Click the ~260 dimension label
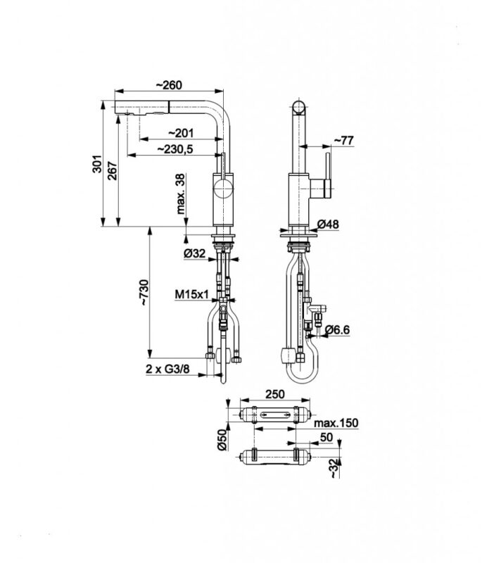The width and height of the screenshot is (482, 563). pyautogui.click(x=169, y=85)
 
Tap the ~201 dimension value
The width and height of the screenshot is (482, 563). pyautogui.click(x=181, y=133)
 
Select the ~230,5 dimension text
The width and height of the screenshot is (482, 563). pyautogui.click(x=175, y=148)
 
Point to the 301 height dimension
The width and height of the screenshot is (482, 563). pyautogui.click(x=97, y=164)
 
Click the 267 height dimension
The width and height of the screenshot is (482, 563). pyautogui.click(x=112, y=171)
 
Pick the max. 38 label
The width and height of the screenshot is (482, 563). pyautogui.click(x=181, y=194)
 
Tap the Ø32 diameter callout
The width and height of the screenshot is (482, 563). pyautogui.click(x=194, y=253)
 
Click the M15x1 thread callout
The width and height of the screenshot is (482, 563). pyautogui.click(x=191, y=295)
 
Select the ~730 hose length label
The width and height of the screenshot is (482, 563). pyautogui.click(x=144, y=293)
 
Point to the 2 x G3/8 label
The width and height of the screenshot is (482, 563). pyautogui.click(x=167, y=369)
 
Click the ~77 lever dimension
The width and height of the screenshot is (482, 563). pyautogui.click(x=343, y=140)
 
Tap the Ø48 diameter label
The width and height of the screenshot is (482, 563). pyautogui.click(x=328, y=224)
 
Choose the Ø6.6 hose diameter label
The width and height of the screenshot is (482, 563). pyautogui.click(x=337, y=329)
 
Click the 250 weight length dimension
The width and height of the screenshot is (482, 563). pyautogui.click(x=274, y=394)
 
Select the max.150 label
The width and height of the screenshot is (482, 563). pyautogui.click(x=336, y=423)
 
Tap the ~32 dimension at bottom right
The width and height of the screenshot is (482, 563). pyautogui.click(x=334, y=468)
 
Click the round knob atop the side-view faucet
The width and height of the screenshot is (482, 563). pyautogui.click(x=299, y=107)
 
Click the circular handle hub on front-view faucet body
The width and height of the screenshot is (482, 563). pyautogui.click(x=223, y=189)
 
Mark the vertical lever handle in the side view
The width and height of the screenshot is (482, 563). pyautogui.click(x=328, y=175)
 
